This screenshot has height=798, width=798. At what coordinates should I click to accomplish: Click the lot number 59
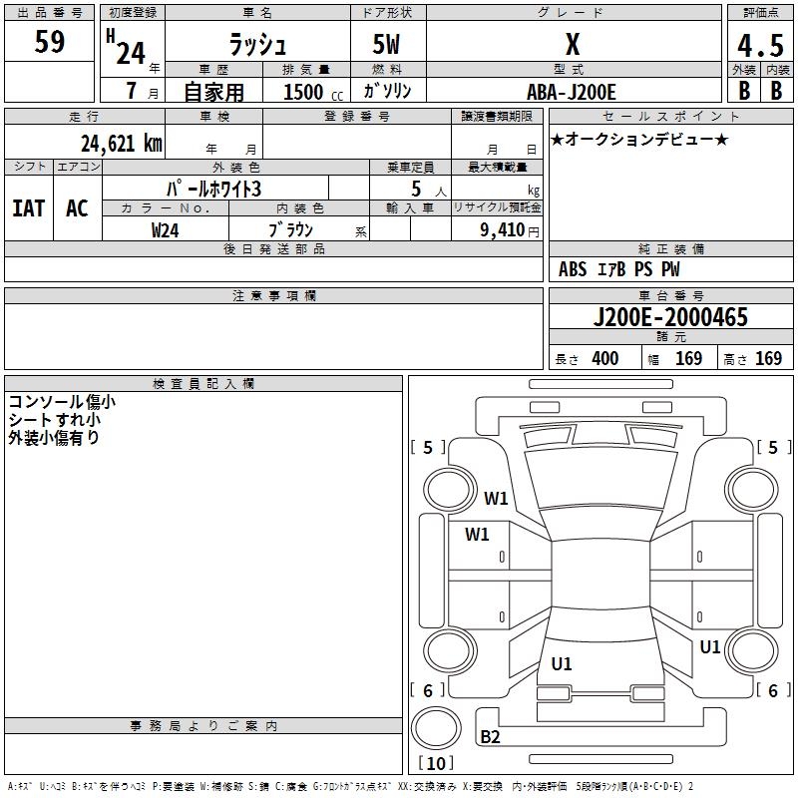pyautogui.click(x=50, y=43)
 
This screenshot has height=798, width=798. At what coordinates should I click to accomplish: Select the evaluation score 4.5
pyautogui.click(x=759, y=46)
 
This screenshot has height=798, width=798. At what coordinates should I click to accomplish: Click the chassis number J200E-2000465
pyautogui.click(x=669, y=317)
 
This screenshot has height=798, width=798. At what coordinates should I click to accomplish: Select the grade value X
pyautogui.click(x=573, y=45)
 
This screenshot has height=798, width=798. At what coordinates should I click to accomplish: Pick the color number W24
pyautogui.click(x=166, y=229)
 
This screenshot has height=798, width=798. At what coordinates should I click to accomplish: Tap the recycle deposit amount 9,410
pyautogui.click(x=496, y=229)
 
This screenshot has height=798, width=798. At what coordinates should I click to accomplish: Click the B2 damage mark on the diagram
pyautogui.click(x=491, y=736)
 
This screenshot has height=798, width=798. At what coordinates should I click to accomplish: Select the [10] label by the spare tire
pyautogui.click(x=435, y=763)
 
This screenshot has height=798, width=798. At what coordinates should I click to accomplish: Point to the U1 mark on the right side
pyautogui.click(x=710, y=646)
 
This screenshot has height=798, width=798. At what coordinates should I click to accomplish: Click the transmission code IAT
pyautogui.click(x=28, y=207)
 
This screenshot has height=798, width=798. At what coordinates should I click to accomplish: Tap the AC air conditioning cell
pyautogui.click(x=77, y=207)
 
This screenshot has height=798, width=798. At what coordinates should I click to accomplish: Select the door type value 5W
pyautogui.click(x=387, y=45)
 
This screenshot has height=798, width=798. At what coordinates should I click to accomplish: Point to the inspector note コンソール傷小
pyautogui.click(x=62, y=402)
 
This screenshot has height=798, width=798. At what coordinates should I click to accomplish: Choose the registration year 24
pyautogui.click(x=131, y=52)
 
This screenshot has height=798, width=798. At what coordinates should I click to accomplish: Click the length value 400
pyautogui.click(x=604, y=359)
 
